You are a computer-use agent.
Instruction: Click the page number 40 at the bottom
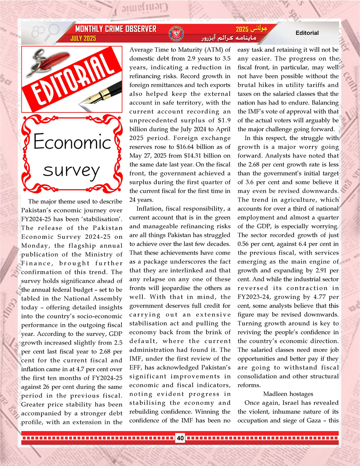[x=180, y=438]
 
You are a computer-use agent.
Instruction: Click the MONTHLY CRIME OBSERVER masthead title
[x=116, y=29]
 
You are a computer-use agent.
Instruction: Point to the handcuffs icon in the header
[x=37, y=31]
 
